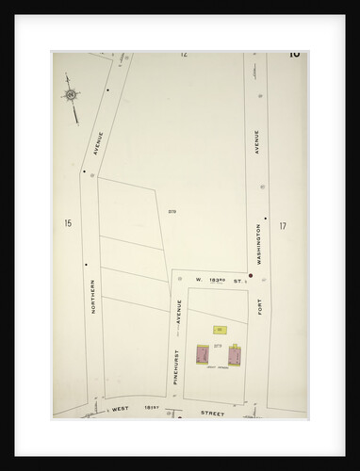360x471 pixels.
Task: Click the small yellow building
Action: point(220,329)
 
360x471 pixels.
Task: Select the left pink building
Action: point(202,355)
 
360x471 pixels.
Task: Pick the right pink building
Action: point(234,356)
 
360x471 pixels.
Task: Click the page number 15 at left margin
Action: point(68,223)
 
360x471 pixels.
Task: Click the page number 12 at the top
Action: point(184,55)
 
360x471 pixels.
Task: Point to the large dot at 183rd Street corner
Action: point(250,275)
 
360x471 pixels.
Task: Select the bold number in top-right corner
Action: point(294,54)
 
